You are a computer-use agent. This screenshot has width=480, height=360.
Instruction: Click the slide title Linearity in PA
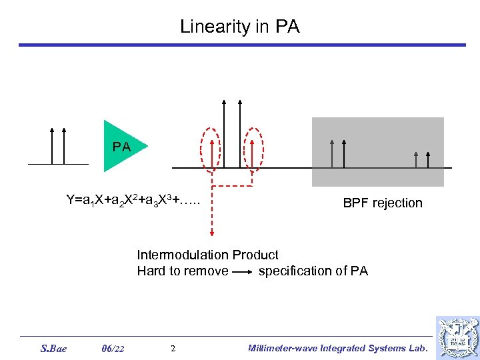pyautogui.click(x=240, y=27)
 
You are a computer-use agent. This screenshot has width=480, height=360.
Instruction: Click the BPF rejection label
pyautogui.click(x=383, y=203)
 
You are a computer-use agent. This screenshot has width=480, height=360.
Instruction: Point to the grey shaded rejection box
pyautogui.click(x=377, y=152)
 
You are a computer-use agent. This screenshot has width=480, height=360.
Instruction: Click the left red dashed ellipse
pyautogui.click(x=211, y=149)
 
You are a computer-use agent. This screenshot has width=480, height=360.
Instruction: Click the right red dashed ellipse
pyautogui.click(x=253, y=149)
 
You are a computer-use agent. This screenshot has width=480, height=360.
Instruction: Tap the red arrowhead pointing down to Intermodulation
pyautogui.click(x=211, y=231)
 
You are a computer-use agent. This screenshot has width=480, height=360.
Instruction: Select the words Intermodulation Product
pyautogui.click(x=207, y=255)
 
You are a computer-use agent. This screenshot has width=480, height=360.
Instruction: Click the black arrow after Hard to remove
pyautogui.click(x=243, y=272)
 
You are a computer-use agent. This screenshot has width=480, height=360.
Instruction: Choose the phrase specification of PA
pyautogui.click(x=313, y=271)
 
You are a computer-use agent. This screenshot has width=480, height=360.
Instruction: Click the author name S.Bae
pyautogui.click(x=53, y=348)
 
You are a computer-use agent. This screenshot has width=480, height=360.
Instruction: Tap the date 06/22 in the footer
pyautogui.click(x=113, y=348)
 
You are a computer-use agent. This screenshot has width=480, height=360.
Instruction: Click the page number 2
pyautogui.click(x=173, y=348)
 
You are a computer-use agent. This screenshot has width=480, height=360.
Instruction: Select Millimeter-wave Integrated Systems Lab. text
pyautogui.click(x=337, y=348)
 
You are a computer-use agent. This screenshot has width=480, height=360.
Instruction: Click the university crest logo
pyautogui.click(x=457, y=337)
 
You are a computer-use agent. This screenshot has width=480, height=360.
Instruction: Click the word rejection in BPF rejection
pyautogui.click(x=397, y=203)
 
